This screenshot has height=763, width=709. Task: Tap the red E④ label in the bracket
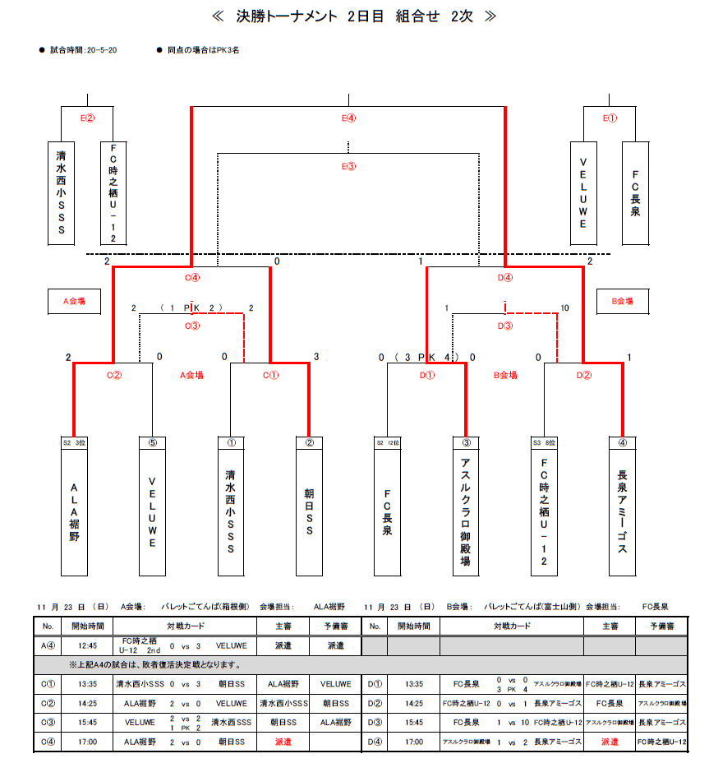(349, 118)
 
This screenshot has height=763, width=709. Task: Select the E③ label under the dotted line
(349, 166)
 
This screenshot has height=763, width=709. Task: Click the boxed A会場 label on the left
(75, 302)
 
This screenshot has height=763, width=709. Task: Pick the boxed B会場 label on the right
(621, 302)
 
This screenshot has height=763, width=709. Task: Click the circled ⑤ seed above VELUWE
(152, 442)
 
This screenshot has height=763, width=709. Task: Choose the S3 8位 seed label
(544, 442)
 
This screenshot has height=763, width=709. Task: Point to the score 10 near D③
(564, 308)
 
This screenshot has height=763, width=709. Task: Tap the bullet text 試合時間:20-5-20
(83, 50)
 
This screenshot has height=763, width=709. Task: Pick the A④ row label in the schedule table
(48, 646)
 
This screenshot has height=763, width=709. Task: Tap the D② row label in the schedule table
(377, 703)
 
